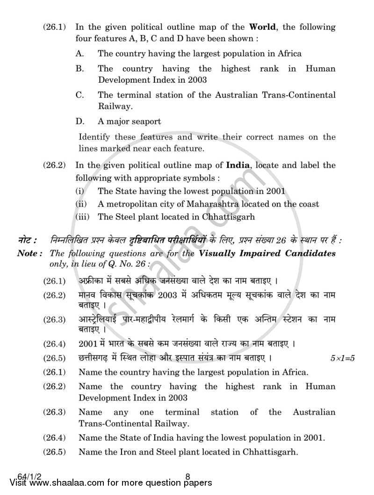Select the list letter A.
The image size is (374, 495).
79,54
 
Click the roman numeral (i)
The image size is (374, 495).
81,191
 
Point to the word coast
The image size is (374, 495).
308,204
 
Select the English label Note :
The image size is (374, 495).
30,254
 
